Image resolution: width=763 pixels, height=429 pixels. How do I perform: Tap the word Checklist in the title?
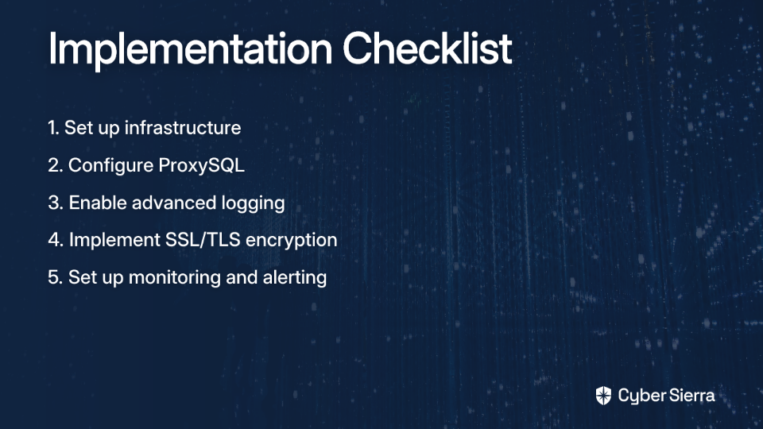[x=428, y=48]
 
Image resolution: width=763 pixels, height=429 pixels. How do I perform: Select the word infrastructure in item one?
[x=183, y=127]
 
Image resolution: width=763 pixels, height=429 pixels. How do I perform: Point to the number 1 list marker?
[x=53, y=128]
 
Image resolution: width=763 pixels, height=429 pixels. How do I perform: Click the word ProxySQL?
[x=201, y=166]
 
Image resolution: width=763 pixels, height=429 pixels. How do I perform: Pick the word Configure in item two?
[x=111, y=166]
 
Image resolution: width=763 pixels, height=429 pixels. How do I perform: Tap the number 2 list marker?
[x=56, y=165]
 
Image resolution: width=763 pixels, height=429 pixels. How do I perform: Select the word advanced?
[x=174, y=203]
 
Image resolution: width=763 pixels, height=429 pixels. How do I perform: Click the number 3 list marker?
[x=56, y=203]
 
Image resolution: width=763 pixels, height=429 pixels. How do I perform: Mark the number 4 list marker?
[x=56, y=240]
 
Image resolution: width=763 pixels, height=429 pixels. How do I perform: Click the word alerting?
[x=295, y=278]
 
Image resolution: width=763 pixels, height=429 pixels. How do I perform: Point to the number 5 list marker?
[x=56, y=277]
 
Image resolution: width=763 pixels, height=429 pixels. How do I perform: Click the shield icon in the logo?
[x=603, y=396]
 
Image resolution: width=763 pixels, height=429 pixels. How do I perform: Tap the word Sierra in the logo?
[x=691, y=396]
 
